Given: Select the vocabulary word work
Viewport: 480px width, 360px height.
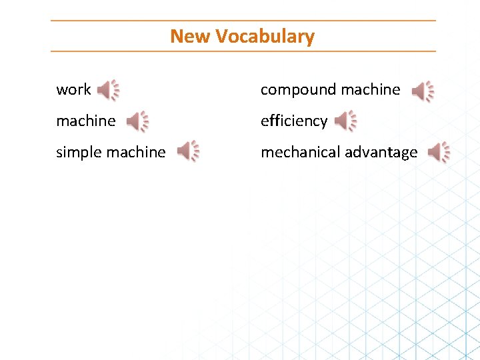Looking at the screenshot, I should (73, 89).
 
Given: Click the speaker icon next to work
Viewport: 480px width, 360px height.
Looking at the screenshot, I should (108, 90).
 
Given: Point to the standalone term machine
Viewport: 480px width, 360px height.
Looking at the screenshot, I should (86, 121).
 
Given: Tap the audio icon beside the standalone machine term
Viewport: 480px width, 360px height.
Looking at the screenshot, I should (137, 121).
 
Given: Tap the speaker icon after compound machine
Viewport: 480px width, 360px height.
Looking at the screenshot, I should (423, 91).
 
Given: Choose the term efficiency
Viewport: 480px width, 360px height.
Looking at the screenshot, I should (294, 121).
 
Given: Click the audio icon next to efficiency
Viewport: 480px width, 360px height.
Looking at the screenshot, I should (345, 121).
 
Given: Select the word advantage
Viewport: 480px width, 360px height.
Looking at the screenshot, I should (379, 152).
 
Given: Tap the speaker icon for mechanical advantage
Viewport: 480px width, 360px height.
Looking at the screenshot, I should (439, 153).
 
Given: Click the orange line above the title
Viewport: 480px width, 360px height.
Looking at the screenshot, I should (243, 21).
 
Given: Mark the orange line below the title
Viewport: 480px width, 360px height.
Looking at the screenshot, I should (243, 51).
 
